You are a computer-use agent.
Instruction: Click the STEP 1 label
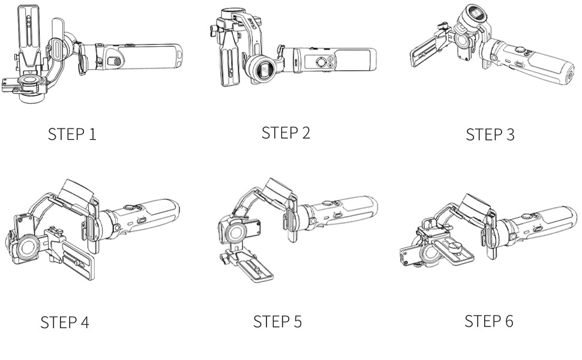pos(72,134)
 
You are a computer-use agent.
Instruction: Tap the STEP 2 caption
pos(286,133)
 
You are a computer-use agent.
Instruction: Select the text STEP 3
pos(490,134)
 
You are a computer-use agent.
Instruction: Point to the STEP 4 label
pos(65,322)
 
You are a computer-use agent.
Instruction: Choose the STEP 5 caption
pos(277,322)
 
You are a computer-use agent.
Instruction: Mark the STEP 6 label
pos(489,320)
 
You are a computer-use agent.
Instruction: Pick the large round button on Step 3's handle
pos(520,49)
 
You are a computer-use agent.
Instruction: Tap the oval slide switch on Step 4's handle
pos(142,220)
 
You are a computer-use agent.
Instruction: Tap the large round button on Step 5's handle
pos(327,203)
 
